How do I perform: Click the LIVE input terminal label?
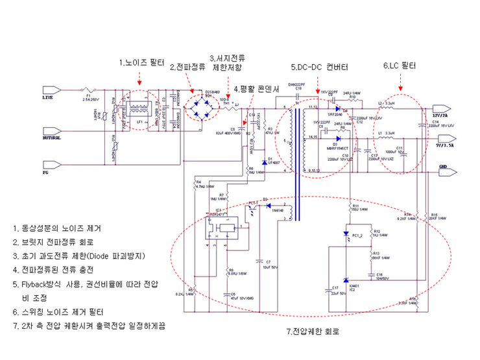point(47,98)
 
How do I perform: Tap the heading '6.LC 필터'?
point(400,66)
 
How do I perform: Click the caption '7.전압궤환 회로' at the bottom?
point(313,331)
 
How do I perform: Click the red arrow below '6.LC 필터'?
point(400,82)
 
